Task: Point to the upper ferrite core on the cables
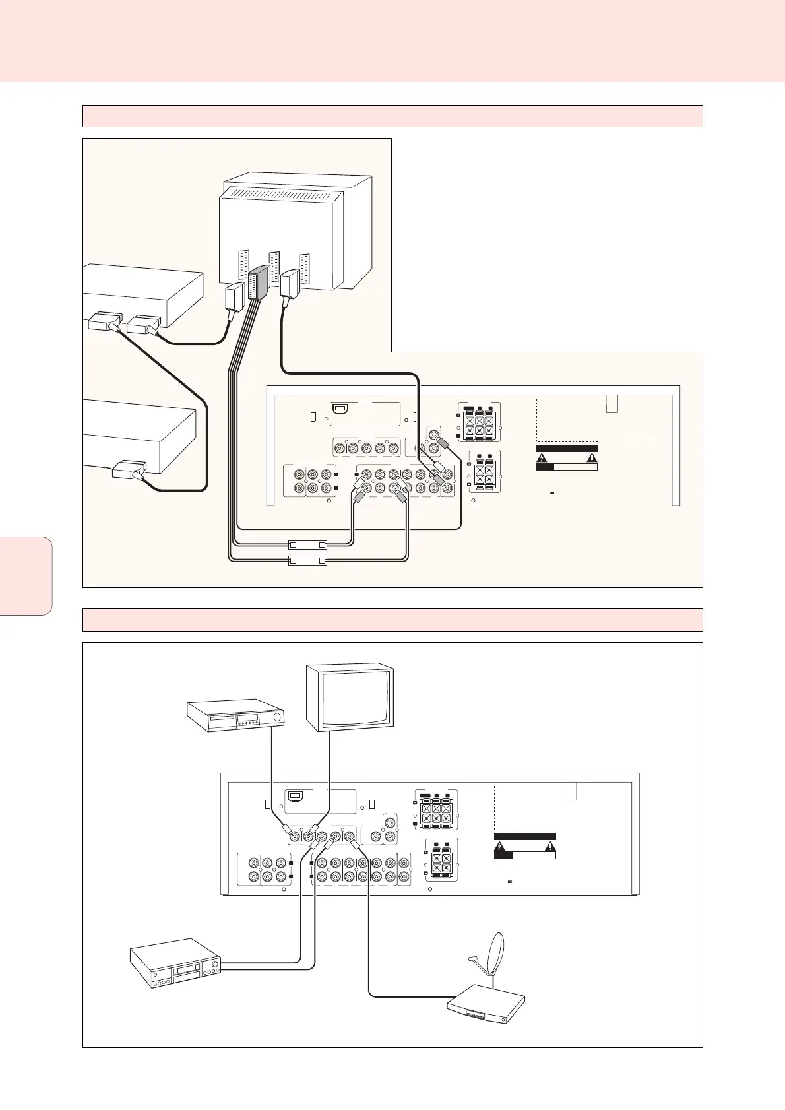[x=308, y=546]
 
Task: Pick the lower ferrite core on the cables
[x=308, y=561]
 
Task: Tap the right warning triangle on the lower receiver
[x=549, y=846]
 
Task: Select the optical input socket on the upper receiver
[x=341, y=409]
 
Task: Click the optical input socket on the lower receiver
[x=297, y=797]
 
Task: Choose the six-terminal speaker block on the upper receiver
[x=479, y=420]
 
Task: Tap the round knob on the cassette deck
[x=214, y=964]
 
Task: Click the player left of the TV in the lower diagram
[x=236, y=717]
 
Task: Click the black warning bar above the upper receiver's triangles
[x=567, y=449]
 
